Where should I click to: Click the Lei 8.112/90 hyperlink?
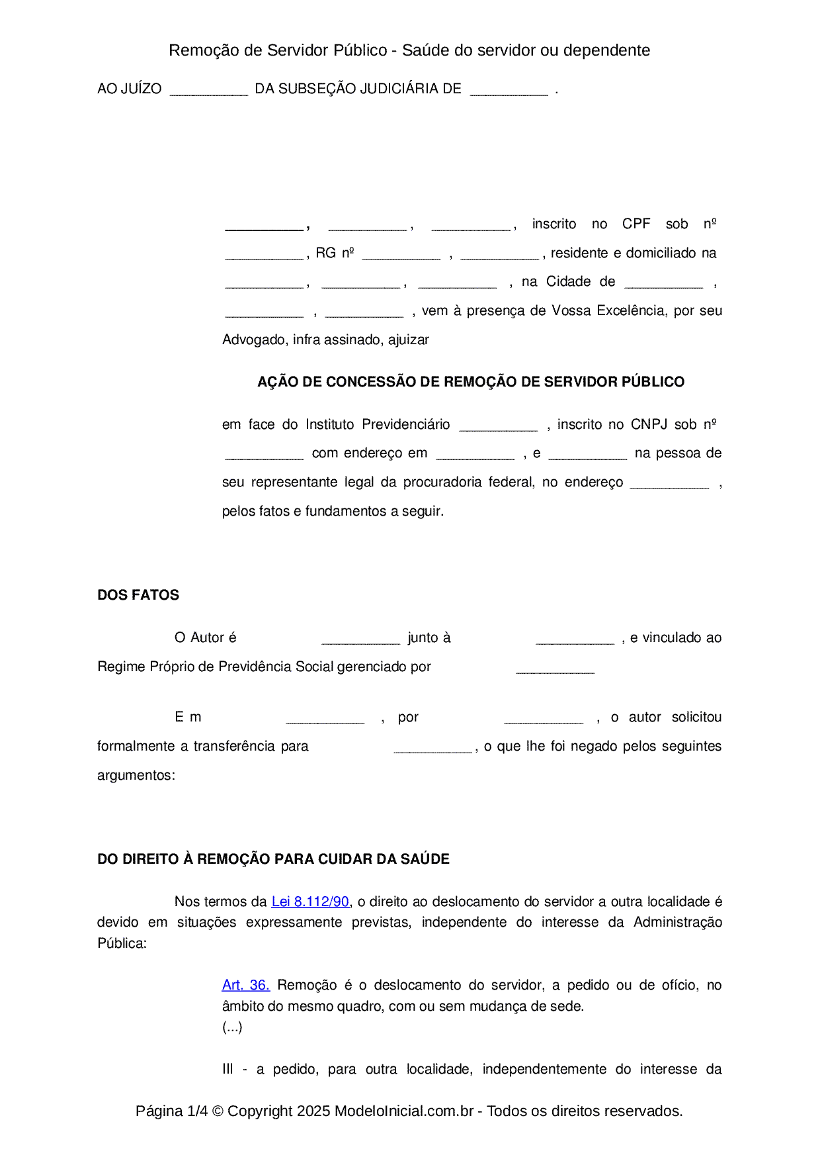coord(310,902)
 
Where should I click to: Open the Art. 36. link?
coord(245,985)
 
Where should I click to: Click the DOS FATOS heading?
coord(138,595)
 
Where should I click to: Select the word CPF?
coord(636,224)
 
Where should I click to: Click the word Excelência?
coord(630,310)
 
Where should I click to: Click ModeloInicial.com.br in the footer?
coord(404,1111)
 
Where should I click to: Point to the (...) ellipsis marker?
coord(232,1027)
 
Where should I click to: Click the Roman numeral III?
coord(227,1069)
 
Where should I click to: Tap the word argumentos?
coord(136,775)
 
